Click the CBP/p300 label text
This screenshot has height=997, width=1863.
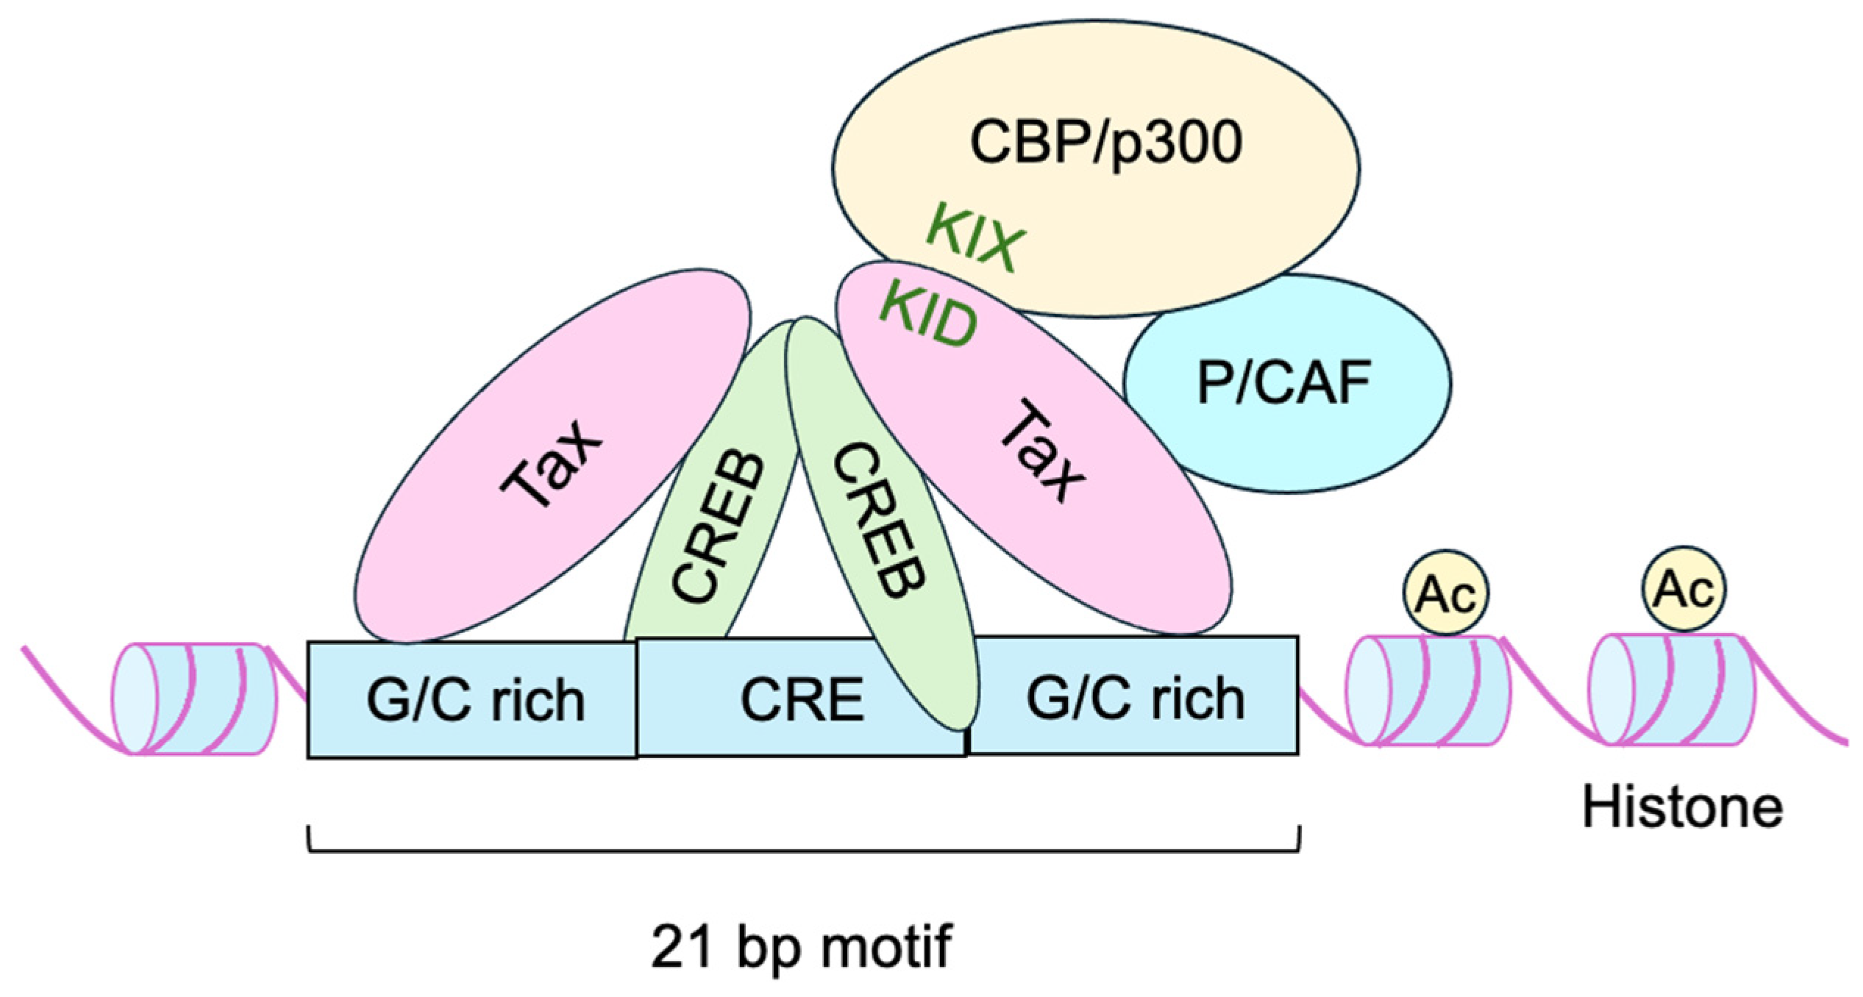click(x=1105, y=143)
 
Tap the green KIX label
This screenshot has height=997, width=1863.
click(x=975, y=238)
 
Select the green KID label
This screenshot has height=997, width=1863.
click(x=928, y=318)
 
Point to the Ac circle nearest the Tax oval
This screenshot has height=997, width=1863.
click(x=1446, y=593)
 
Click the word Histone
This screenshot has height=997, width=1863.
click(x=1683, y=807)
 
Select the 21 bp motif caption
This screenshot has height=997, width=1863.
click(x=802, y=947)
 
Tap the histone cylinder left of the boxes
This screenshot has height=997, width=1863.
click(x=196, y=698)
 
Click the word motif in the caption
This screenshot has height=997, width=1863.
click(x=886, y=947)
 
